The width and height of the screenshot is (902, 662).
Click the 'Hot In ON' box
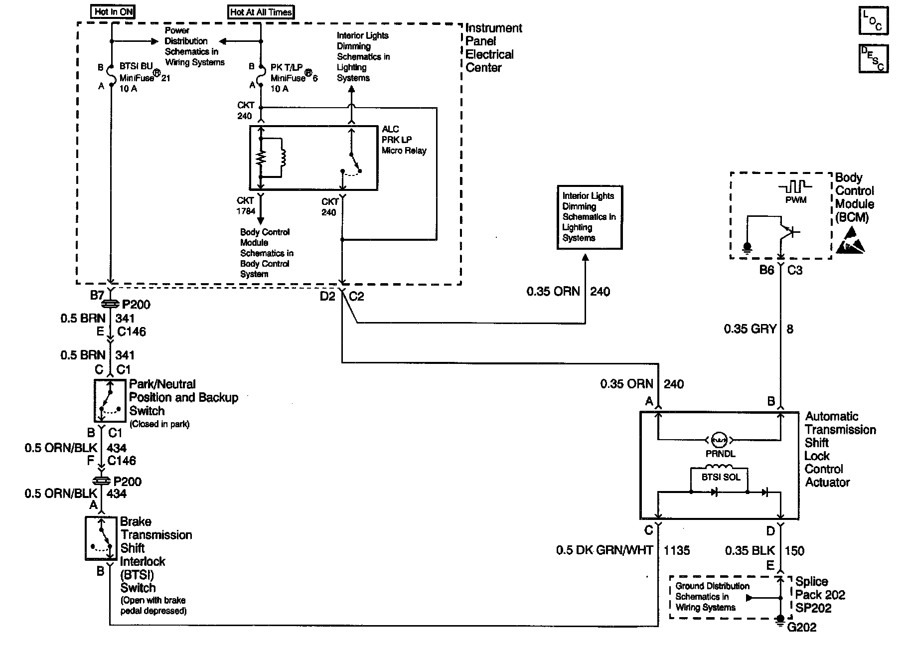tap(114, 11)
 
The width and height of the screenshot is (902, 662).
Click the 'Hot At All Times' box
tap(261, 12)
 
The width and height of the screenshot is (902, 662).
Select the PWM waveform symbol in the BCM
tap(795, 187)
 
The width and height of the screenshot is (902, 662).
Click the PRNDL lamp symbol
tap(719, 440)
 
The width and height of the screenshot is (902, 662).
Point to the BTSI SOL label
tap(721, 477)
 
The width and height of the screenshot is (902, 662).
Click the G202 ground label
tap(802, 627)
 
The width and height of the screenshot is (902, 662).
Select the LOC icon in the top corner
tap(873, 21)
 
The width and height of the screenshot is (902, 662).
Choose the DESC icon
tap(873, 59)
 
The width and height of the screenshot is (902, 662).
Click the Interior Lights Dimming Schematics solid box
tap(589, 217)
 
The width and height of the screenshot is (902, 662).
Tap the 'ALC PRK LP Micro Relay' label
tap(404, 140)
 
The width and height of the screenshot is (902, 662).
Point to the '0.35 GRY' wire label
tap(750, 329)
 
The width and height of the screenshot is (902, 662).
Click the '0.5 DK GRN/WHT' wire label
tap(604, 550)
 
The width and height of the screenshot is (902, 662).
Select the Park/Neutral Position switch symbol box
tap(110, 400)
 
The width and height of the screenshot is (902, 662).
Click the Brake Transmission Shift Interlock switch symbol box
tap(101, 538)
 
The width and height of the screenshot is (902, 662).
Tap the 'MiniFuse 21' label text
tap(144, 78)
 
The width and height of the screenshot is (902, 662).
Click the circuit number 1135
tap(677, 550)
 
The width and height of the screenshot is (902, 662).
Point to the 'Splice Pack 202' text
tap(820, 588)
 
